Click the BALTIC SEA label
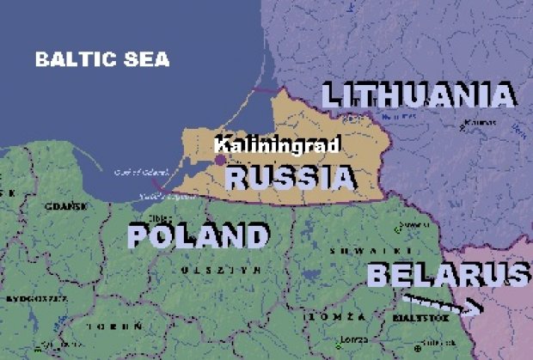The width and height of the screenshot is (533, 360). pyautogui.click(x=102, y=60)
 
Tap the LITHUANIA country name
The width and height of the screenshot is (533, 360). pyautogui.click(x=418, y=94)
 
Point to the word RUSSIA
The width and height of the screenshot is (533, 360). pyautogui.click(x=289, y=178)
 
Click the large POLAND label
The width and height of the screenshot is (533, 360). pyautogui.click(x=198, y=235)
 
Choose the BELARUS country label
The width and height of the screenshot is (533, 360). pyautogui.click(x=447, y=275)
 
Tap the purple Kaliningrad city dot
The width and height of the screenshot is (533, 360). pyautogui.click(x=220, y=160)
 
